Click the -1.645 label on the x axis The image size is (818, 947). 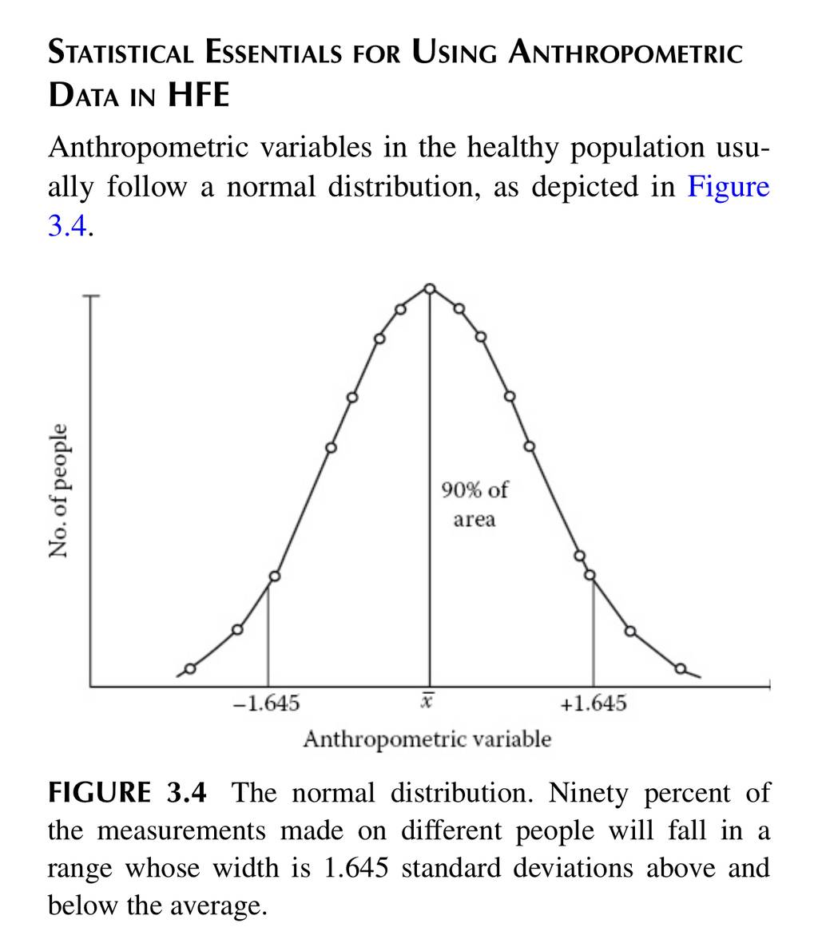click(x=267, y=703)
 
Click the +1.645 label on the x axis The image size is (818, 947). click(x=594, y=703)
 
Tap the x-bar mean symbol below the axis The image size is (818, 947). click(x=427, y=702)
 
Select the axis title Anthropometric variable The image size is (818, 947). click(x=427, y=739)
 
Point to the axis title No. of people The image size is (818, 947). click(x=58, y=490)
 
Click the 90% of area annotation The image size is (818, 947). click(x=475, y=505)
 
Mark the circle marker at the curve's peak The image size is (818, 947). click(x=430, y=289)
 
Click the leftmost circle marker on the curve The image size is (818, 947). click(x=190, y=668)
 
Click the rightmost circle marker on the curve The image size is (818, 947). click(x=681, y=668)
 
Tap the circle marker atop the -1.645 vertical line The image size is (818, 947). click(x=274, y=577)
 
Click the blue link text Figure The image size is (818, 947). click(x=729, y=187)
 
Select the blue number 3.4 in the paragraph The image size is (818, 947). click(x=68, y=227)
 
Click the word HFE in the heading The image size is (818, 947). click(x=199, y=95)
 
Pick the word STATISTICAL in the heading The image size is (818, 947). click(x=121, y=52)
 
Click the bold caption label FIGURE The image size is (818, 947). click(x=100, y=792)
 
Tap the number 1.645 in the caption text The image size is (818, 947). click(x=355, y=869)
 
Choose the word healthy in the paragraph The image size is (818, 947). click(x=512, y=149)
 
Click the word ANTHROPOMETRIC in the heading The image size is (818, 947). click(x=625, y=52)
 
